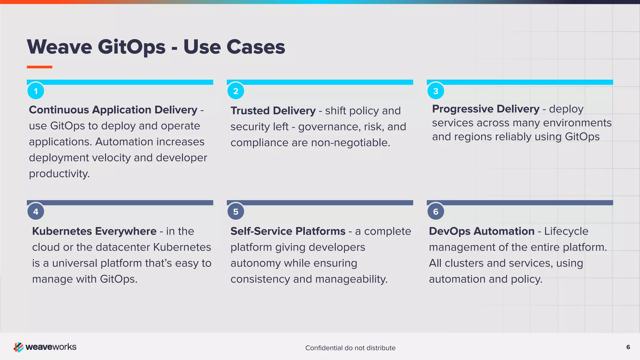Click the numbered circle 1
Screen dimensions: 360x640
(x=36, y=91)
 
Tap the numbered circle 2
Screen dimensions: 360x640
(x=236, y=91)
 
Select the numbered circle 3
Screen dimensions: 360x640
(x=436, y=91)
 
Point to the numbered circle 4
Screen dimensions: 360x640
(x=36, y=212)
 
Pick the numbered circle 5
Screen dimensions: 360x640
(x=236, y=212)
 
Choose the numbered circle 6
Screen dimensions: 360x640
(x=436, y=212)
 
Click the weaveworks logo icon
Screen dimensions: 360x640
(x=18, y=347)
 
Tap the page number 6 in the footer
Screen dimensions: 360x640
(x=628, y=347)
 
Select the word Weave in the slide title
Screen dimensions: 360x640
(x=59, y=47)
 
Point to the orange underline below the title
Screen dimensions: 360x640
(x=39, y=67)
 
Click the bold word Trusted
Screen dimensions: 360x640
(x=250, y=111)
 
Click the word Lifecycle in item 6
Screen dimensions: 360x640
(x=566, y=231)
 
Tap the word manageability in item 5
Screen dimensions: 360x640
(x=351, y=279)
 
